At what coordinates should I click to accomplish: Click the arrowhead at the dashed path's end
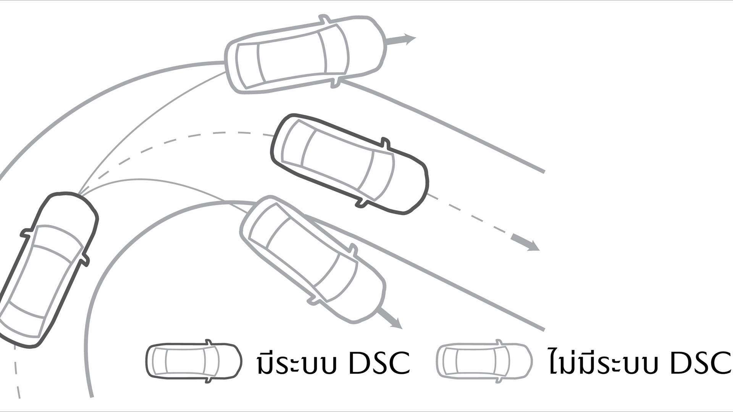(529, 245)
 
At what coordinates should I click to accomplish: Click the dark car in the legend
(194, 361)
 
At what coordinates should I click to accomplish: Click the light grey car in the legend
(484, 361)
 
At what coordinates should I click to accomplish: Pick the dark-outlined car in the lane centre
(349, 164)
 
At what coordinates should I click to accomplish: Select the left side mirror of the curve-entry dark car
(27, 233)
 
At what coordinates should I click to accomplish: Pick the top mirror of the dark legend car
(208, 342)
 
